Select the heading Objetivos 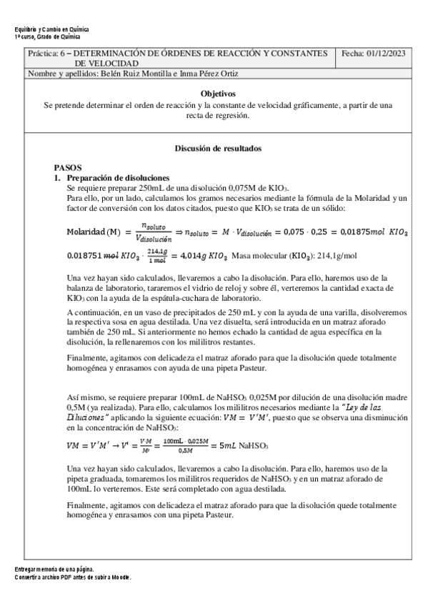[218, 94]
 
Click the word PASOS [67, 165]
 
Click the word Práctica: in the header [43, 54]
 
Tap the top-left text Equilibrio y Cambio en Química [51, 29]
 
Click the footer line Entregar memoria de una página [54, 569]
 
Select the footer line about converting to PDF [73, 576]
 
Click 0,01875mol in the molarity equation [364, 232]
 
